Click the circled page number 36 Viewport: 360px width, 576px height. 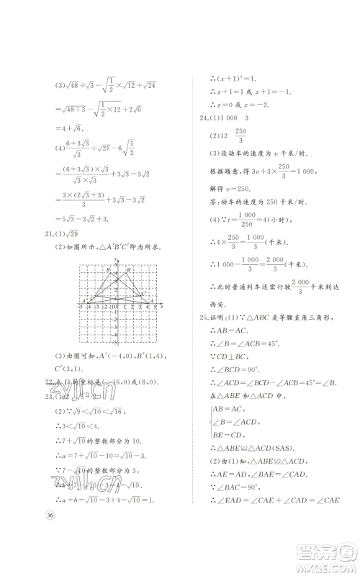50,513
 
